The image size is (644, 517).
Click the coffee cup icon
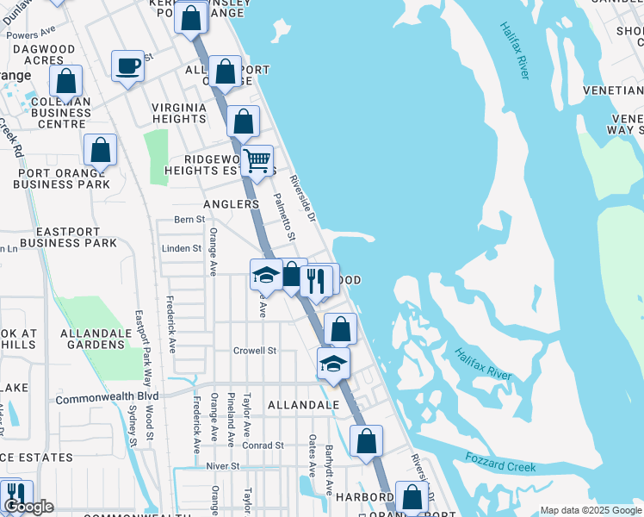[x=128, y=66]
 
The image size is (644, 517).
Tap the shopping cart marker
[x=257, y=161]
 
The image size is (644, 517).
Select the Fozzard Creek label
[x=500, y=462]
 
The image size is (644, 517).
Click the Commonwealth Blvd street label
[x=107, y=398]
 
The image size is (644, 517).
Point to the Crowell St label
[x=255, y=351]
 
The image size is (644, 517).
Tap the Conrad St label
[x=263, y=445]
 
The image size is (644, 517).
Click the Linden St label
[x=181, y=248]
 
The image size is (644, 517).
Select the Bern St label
[x=189, y=220]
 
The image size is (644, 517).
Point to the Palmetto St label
[x=285, y=216]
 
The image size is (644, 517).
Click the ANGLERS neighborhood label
[x=231, y=204]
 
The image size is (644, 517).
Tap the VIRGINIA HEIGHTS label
[x=179, y=113]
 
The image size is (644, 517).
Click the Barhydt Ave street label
[x=330, y=470]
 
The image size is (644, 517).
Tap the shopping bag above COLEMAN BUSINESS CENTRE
[x=66, y=81]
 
